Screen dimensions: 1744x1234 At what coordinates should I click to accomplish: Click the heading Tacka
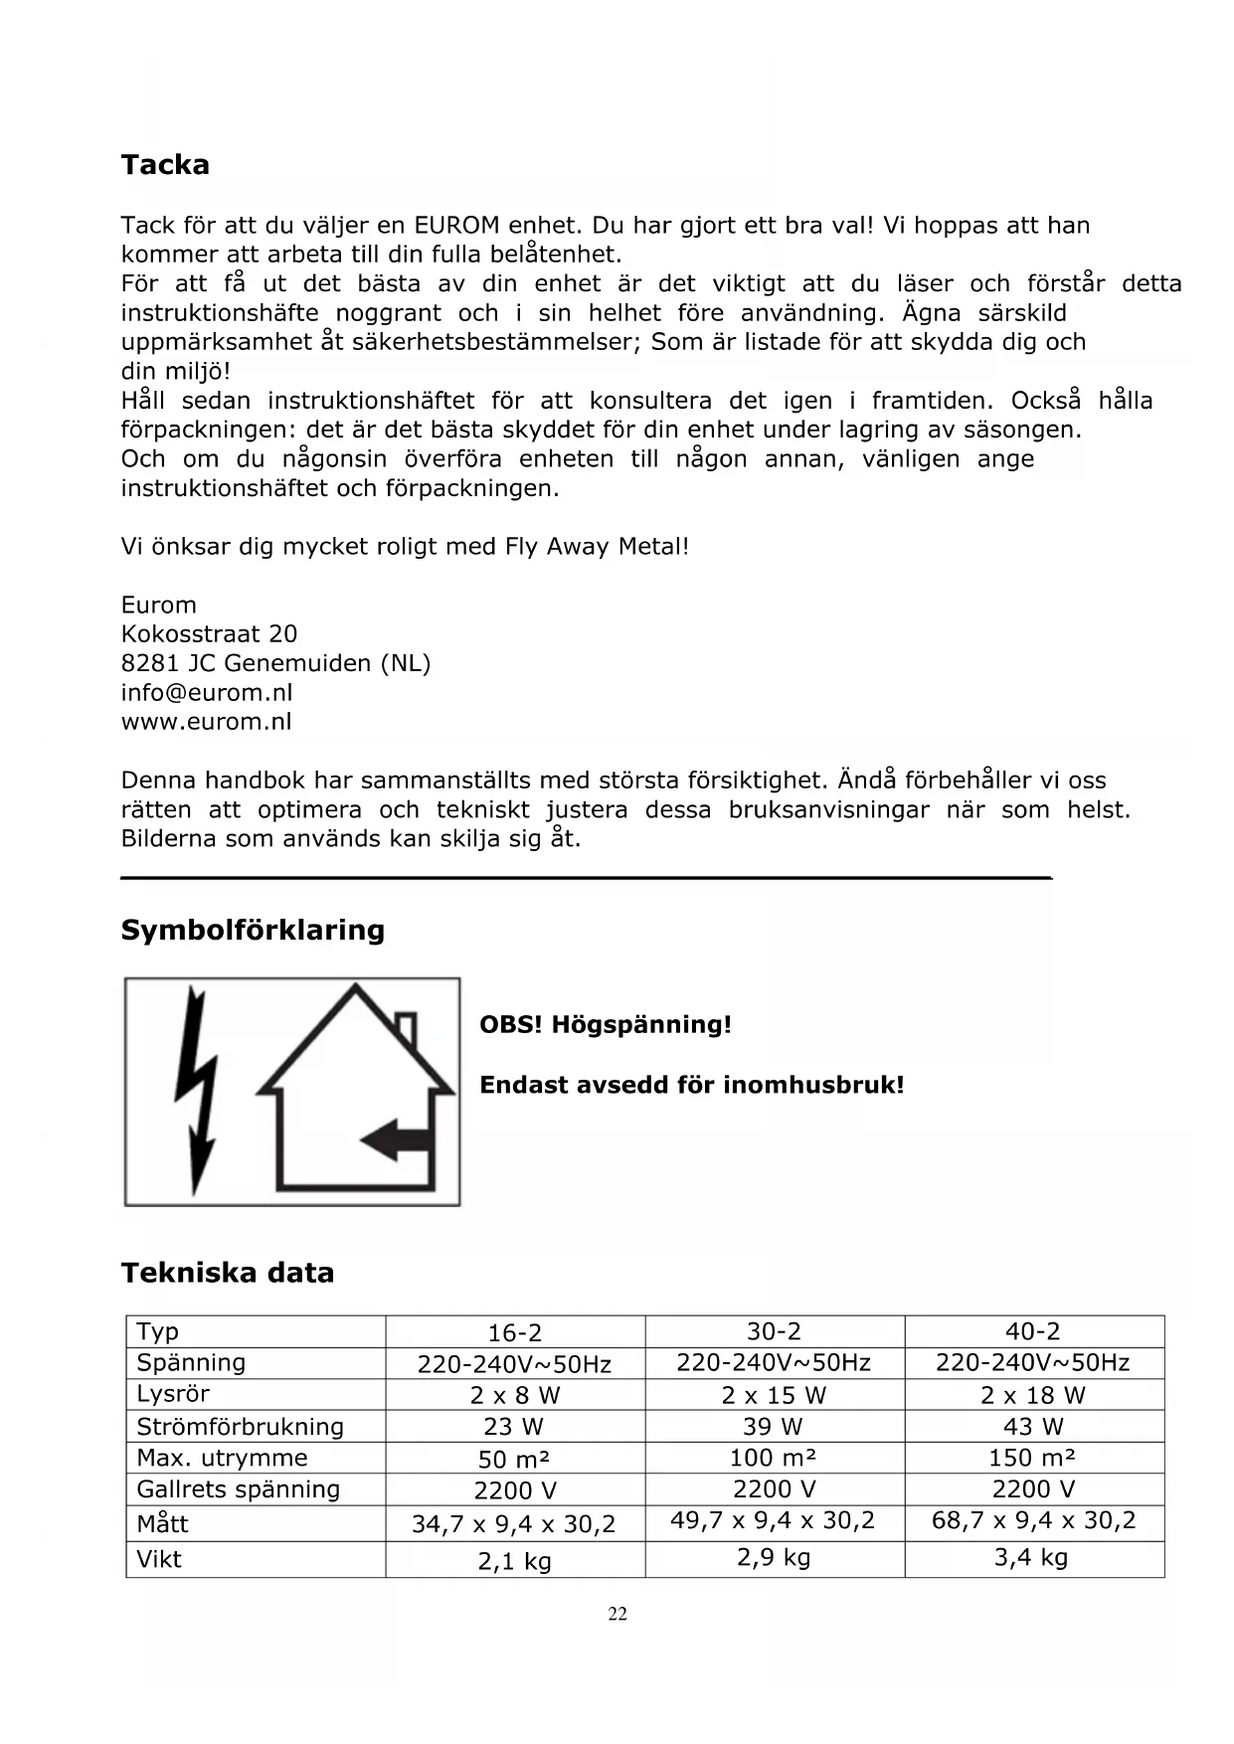[165, 165]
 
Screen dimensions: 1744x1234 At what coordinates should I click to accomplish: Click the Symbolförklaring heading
[253, 931]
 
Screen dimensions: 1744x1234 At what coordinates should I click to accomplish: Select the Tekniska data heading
[228, 1273]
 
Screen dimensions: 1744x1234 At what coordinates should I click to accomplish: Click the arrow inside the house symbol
[397, 1138]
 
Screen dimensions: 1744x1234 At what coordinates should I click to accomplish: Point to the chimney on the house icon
[406, 1027]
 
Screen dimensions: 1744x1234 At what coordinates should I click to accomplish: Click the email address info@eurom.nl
[207, 693]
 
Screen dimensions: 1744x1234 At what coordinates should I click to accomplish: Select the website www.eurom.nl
[207, 722]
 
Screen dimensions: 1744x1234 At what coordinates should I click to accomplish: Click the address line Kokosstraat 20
[209, 634]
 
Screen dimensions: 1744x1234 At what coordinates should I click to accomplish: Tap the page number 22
[617, 1615]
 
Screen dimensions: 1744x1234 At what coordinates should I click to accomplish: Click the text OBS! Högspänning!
[606, 1025]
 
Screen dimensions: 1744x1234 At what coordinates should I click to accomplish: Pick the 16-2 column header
[515, 1333]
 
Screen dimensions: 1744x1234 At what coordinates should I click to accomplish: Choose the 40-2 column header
[1033, 1331]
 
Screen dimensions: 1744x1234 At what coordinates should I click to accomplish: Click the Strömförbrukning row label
[240, 1427]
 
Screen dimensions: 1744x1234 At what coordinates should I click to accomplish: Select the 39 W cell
[773, 1427]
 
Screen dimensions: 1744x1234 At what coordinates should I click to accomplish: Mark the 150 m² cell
[1033, 1459]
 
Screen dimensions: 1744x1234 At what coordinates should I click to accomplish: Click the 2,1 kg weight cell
[515, 1562]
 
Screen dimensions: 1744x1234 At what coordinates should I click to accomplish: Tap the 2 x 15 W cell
[774, 1396]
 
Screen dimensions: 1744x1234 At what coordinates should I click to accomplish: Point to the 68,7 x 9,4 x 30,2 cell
[1033, 1521]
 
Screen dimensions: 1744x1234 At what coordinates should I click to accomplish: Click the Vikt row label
[159, 1559]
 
